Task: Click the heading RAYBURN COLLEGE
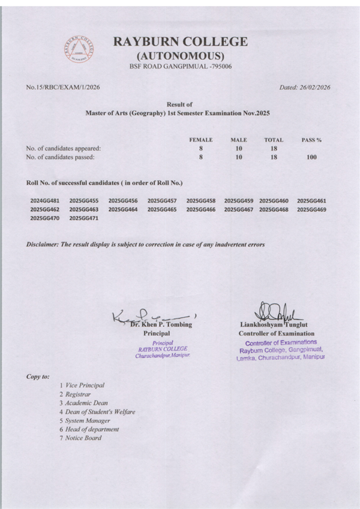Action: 180,41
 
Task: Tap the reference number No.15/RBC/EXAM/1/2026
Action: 63,88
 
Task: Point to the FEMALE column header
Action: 201,140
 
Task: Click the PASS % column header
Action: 311,140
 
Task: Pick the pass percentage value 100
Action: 311,157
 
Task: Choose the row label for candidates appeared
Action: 63,148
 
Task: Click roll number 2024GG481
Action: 45,200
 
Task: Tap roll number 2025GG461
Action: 311,200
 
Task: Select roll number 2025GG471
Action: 84,219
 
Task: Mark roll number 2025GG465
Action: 162,210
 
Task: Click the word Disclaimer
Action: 46,245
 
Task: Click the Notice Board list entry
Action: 83,438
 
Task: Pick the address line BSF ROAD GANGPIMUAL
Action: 180,66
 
